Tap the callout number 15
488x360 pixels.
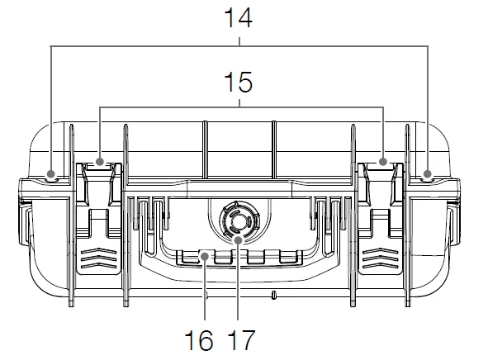tap(239, 84)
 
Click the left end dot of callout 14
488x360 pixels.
tap(51, 174)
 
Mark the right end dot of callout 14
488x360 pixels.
tap(428, 174)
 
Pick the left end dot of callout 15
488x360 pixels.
tap(100, 162)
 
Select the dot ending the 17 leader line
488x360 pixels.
tap(238, 239)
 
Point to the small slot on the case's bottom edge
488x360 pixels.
tap(272, 293)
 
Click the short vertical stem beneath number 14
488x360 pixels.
tap(239, 39)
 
